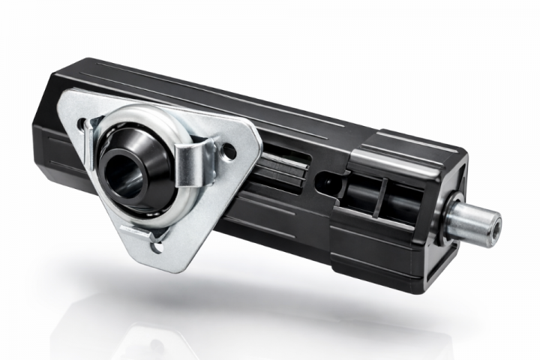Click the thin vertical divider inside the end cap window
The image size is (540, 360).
[x=382, y=197]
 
